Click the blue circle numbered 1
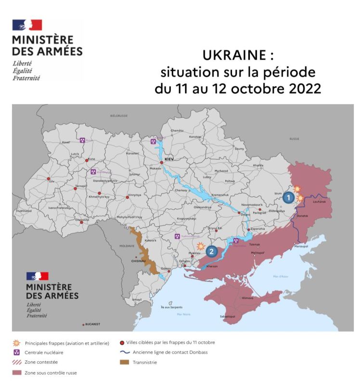287,197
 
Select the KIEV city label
168,158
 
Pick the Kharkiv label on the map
258,165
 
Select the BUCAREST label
93,324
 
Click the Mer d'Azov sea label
280,276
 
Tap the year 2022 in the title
303,89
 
